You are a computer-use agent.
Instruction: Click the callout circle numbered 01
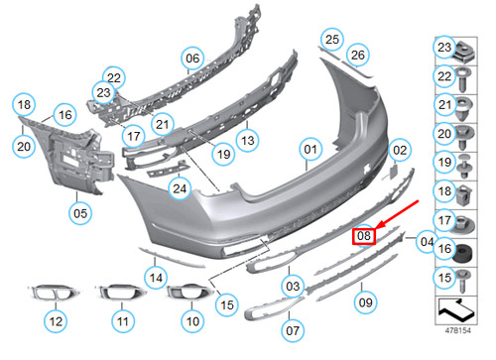310,151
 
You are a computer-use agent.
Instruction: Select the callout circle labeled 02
399,151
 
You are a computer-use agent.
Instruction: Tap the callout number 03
293,286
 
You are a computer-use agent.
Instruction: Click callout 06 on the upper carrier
191,59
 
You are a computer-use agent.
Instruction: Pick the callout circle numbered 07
293,328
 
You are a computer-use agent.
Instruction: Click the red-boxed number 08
364,236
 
